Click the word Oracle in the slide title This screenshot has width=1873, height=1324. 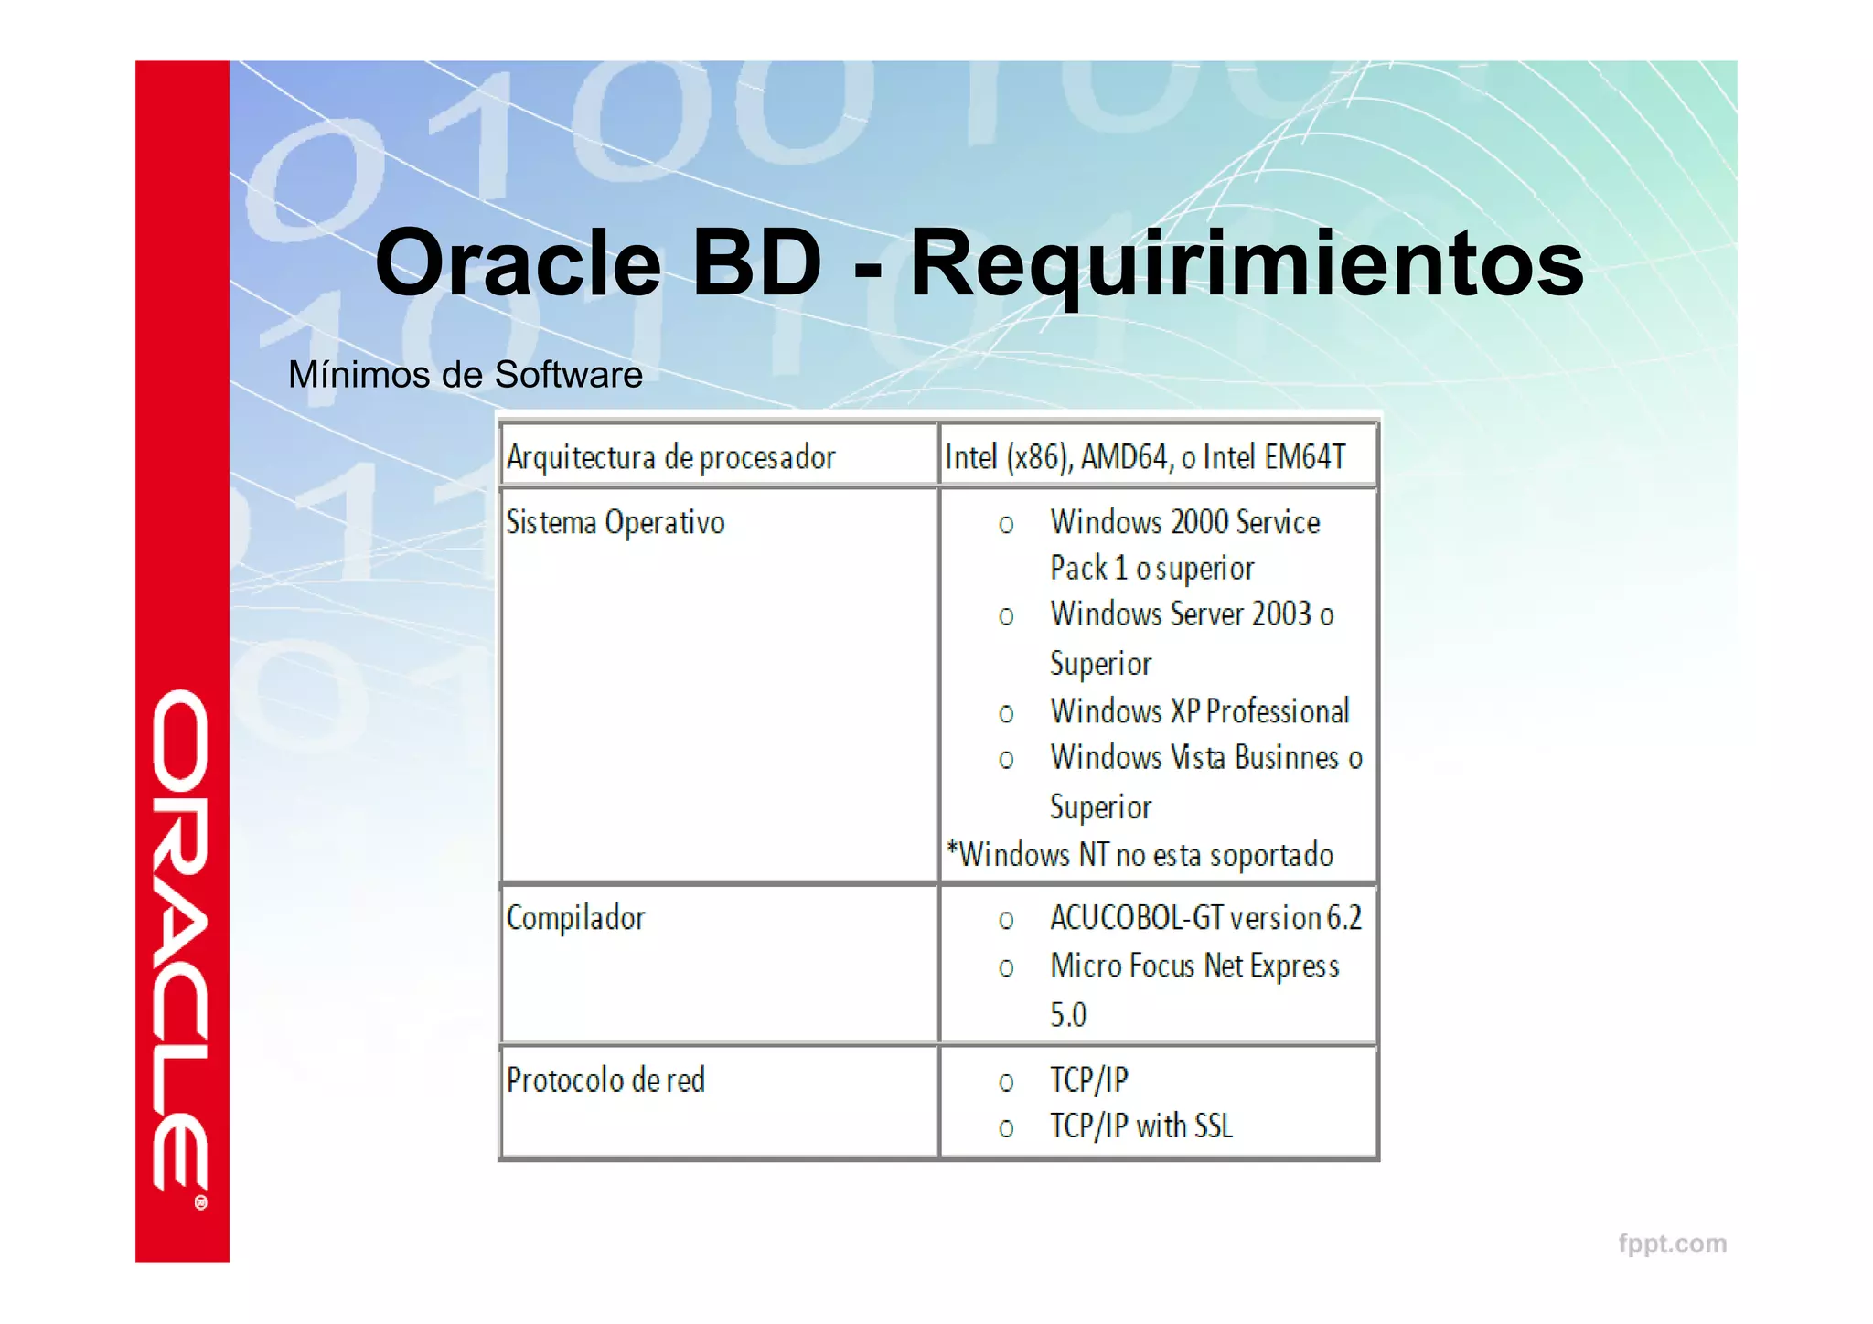click(x=518, y=264)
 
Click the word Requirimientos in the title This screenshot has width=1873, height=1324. click(x=1247, y=264)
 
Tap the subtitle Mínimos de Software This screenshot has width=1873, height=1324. click(x=465, y=375)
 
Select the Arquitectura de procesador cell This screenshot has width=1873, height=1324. click(x=670, y=457)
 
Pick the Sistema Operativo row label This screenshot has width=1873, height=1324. click(x=615, y=523)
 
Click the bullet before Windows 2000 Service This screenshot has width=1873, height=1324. click(x=1006, y=525)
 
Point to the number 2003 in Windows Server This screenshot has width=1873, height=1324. click(x=1281, y=614)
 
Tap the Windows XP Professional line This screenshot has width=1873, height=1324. click(x=1199, y=711)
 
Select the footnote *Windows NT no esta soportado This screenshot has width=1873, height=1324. click(x=1140, y=855)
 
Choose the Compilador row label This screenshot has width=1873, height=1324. click(x=576, y=918)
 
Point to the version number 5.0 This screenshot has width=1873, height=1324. click(x=1068, y=1015)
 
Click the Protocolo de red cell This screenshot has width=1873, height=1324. click(x=605, y=1081)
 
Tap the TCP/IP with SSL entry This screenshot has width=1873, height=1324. click(x=1140, y=1126)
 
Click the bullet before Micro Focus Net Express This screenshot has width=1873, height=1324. click(x=1006, y=968)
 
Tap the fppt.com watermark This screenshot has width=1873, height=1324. click(x=1672, y=1244)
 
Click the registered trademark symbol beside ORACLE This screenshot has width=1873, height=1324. click(x=201, y=1202)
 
